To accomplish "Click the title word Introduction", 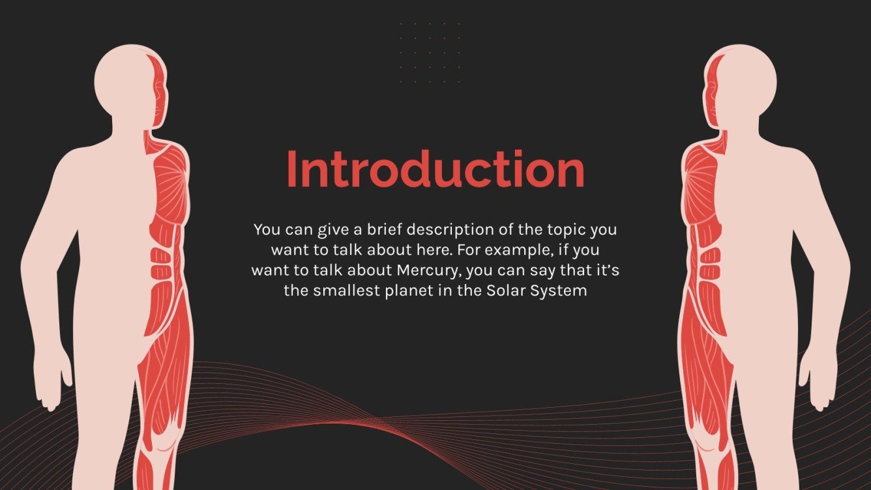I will click(435, 169).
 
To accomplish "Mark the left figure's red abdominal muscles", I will click(160, 264).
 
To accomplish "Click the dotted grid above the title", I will click(430, 53).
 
